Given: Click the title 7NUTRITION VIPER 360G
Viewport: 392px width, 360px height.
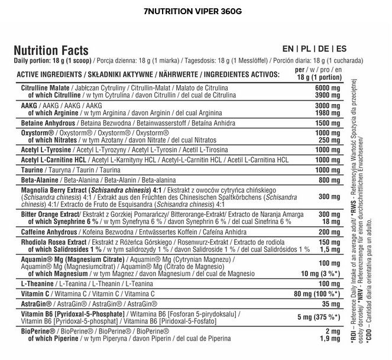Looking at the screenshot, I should [196, 11].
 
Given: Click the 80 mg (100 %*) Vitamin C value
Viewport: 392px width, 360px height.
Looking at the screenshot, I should [320, 294].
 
